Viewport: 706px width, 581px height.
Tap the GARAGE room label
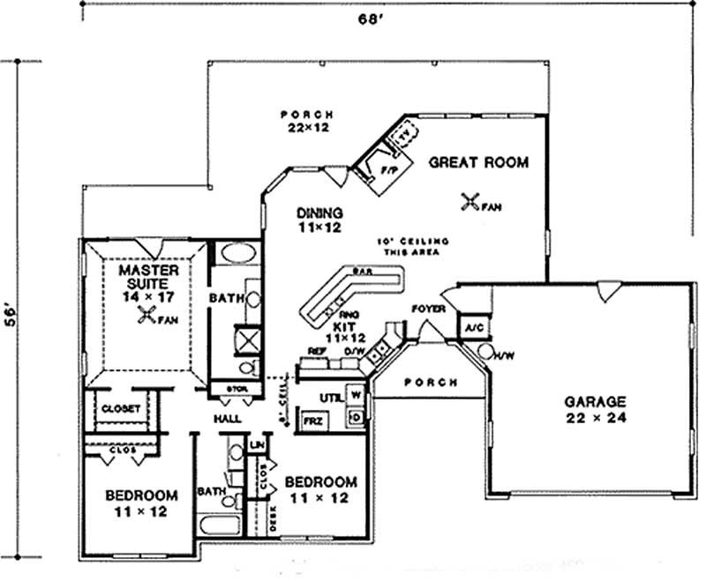click(596, 401)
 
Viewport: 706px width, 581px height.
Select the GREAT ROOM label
click(479, 162)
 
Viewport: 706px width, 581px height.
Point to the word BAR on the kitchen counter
click(359, 272)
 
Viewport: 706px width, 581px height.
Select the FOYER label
click(427, 309)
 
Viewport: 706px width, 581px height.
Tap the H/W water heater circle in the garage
click(486, 352)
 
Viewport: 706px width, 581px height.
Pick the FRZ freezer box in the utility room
click(313, 420)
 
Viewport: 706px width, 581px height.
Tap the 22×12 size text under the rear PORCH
click(306, 128)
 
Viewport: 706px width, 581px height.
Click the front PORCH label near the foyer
click(430, 383)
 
